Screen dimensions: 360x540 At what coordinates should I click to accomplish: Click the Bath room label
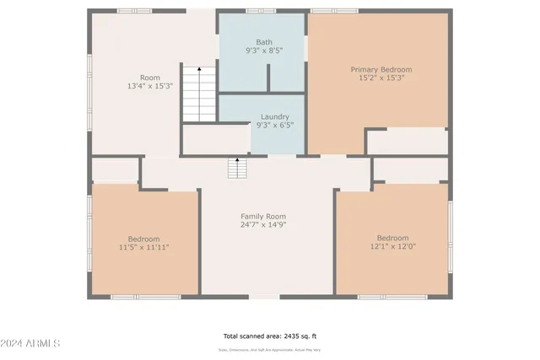(x=263, y=41)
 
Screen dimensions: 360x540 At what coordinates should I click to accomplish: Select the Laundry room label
(x=274, y=116)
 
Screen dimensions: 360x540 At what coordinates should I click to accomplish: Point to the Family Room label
(x=263, y=217)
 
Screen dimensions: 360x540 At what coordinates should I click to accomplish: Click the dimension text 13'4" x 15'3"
(x=149, y=86)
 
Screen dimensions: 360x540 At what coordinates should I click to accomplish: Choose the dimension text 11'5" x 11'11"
(x=143, y=248)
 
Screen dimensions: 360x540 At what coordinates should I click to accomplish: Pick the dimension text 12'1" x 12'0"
(x=392, y=246)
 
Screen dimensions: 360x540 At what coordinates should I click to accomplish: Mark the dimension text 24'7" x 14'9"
(x=263, y=225)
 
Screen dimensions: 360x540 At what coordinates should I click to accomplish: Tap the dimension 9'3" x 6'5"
(x=274, y=126)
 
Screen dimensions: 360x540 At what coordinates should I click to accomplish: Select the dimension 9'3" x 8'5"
(x=263, y=51)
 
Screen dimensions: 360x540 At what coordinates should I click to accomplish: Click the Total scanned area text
(x=269, y=335)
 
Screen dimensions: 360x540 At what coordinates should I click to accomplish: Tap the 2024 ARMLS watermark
(x=31, y=343)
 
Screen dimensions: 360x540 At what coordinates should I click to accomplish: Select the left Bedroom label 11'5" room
(x=143, y=239)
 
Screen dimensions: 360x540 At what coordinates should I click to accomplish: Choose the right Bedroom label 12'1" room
(x=392, y=237)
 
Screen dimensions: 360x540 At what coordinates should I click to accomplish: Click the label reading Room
(x=149, y=77)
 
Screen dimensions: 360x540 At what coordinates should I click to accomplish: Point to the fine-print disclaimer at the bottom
(x=269, y=348)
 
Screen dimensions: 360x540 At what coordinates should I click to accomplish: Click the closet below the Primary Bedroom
(x=407, y=142)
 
